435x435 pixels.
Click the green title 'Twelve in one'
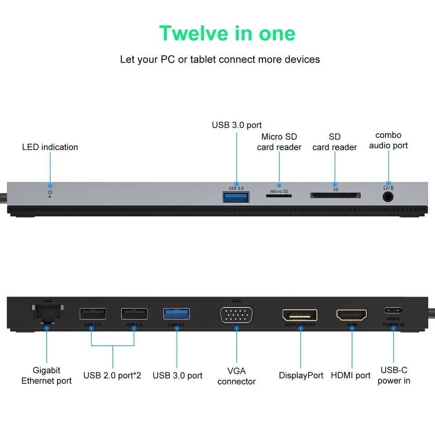click(x=227, y=33)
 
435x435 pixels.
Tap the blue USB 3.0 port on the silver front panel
click(x=236, y=197)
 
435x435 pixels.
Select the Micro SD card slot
click(x=279, y=196)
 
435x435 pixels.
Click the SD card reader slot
click(x=335, y=195)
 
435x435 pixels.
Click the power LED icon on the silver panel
click(x=50, y=193)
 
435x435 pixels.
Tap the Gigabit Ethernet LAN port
click(x=47, y=313)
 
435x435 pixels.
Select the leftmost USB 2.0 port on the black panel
click(x=93, y=314)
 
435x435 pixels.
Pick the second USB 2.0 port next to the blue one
click(x=134, y=314)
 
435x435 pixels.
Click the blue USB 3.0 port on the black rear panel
click(x=176, y=314)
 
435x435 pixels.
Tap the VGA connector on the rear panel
click(x=237, y=314)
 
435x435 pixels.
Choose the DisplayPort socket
click(x=300, y=315)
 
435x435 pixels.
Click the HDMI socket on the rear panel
click(x=352, y=315)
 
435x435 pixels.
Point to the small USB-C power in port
click(x=393, y=311)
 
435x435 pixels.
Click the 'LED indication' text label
click(x=50, y=147)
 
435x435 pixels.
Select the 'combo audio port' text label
click(x=388, y=140)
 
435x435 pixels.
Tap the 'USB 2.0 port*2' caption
click(x=112, y=376)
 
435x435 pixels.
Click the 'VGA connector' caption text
click(x=237, y=376)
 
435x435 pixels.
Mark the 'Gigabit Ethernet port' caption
click(x=46, y=376)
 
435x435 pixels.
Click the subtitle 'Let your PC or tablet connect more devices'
click(x=220, y=59)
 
